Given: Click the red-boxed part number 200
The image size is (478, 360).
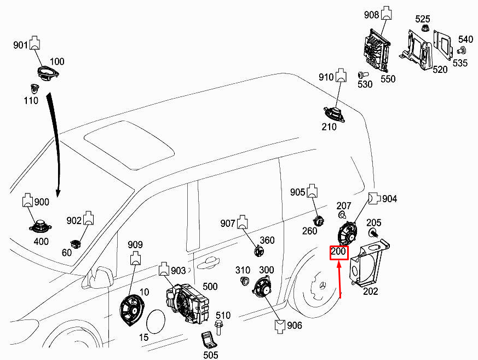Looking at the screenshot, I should click(x=338, y=253).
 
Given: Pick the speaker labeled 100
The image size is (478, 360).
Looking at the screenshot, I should click(x=48, y=73).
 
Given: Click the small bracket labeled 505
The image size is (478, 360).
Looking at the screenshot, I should click(x=208, y=340).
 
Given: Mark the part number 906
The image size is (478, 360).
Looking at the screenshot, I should click(x=294, y=326).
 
